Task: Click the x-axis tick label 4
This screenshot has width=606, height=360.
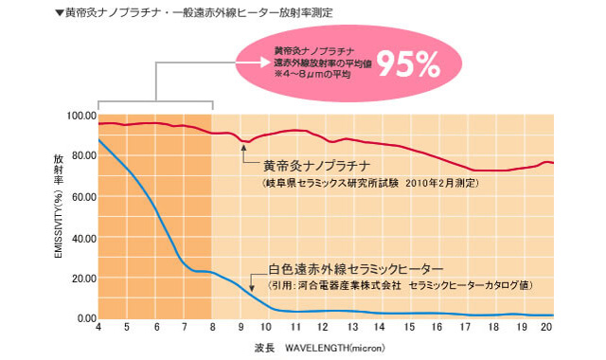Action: pos(98,328)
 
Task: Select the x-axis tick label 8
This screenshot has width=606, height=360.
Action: pos(212,328)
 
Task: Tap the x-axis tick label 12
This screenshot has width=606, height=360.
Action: pos(323,328)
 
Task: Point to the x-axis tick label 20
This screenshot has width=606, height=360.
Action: pos(546,328)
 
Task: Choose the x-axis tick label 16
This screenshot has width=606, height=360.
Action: pos(435,328)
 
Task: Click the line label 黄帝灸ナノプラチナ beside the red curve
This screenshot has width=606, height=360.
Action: pos(313,165)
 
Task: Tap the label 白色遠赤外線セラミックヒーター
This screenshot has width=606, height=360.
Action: pos(351,269)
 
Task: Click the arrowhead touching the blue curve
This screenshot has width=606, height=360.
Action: pos(251,287)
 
